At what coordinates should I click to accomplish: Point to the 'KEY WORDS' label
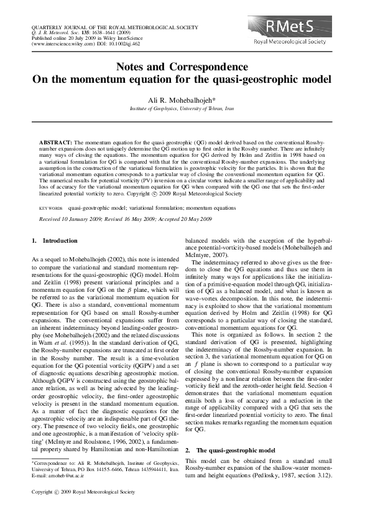pos(51,210)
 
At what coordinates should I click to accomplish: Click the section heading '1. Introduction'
pos(54,240)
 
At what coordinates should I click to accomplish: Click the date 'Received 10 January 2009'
pos(68,220)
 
